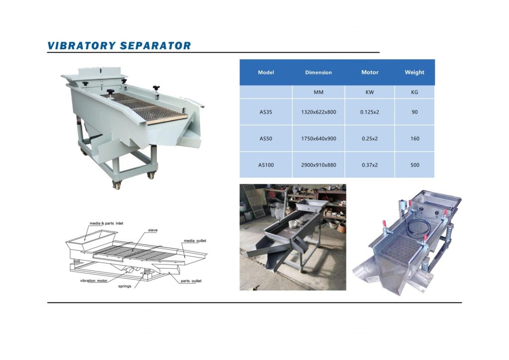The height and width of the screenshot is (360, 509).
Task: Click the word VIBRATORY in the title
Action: (x=82, y=46)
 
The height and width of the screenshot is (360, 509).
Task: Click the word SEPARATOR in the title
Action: (x=156, y=46)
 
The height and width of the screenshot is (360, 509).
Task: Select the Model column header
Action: (x=266, y=73)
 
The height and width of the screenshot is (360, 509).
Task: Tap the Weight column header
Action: (x=415, y=73)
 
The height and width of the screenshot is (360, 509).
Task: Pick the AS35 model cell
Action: (x=265, y=112)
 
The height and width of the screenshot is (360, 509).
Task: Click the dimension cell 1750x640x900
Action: (x=319, y=139)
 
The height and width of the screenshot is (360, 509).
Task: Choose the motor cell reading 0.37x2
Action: (x=370, y=165)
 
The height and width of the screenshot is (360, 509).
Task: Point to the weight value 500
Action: (x=415, y=165)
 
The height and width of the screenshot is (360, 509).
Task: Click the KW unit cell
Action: (x=370, y=92)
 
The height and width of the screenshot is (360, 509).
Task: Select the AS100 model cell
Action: (x=266, y=165)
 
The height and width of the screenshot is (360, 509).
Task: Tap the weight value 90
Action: (x=415, y=112)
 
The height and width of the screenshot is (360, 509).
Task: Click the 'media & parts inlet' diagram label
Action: (x=106, y=223)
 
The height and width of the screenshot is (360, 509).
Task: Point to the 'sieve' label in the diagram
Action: (x=153, y=230)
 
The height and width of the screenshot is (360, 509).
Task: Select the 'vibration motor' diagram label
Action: (x=93, y=281)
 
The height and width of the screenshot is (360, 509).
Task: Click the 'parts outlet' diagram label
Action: (x=191, y=281)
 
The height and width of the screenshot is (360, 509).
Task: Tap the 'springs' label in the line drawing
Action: (x=125, y=286)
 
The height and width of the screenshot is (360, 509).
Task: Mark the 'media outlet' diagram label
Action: (x=195, y=241)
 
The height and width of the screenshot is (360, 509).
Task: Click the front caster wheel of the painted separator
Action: (x=116, y=185)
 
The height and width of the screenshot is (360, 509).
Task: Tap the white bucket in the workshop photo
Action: (x=293, y=224)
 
